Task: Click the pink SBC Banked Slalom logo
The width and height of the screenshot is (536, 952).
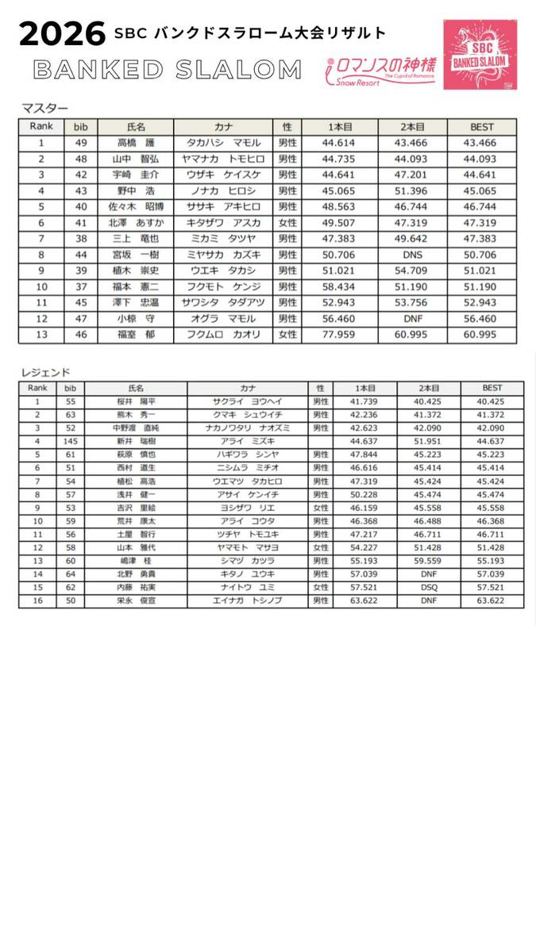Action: point(480,54)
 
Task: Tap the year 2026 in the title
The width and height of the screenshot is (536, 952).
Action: point(63,34)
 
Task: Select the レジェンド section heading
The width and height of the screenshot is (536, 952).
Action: point(45,371)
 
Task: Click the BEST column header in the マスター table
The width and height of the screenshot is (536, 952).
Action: point(481,127)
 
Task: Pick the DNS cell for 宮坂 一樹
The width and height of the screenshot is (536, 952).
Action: point(412,255)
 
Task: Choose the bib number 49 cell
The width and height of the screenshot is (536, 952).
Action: point(80,144)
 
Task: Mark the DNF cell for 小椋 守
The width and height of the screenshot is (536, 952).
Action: point(412,319)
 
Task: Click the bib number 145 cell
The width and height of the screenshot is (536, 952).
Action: point(70,441)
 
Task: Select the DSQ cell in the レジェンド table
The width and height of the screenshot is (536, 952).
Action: point(429,588)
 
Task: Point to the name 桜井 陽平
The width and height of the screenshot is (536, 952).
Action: point(135,402)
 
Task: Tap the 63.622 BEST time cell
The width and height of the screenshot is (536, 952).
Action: point(492,601)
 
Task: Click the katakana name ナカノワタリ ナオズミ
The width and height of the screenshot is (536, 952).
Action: point(247,428)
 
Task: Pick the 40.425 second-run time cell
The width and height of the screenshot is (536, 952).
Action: point(429,402)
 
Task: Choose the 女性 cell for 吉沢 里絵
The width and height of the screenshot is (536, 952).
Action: point(321,508)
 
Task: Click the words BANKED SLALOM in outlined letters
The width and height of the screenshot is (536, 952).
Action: point(168,70)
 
